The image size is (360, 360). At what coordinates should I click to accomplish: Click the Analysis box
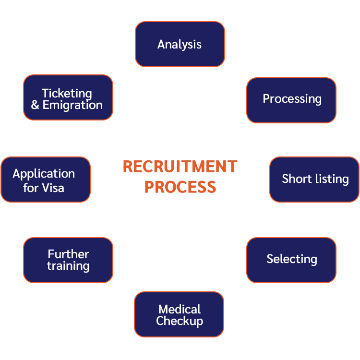tap(180, 44)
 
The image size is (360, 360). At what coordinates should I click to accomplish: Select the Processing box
tap(291, 100)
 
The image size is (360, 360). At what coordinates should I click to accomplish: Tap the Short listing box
tap(314, 179)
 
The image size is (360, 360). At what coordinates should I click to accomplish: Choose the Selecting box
tap(291, 260)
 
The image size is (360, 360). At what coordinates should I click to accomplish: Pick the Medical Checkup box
tap(179, 315)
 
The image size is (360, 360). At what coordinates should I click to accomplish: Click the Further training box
tap(68, 260)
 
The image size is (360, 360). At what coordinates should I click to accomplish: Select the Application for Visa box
tap(46, 180)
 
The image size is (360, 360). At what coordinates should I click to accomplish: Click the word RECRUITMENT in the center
tap(180, 167)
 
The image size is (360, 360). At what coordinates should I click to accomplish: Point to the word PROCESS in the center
tap(180, 187)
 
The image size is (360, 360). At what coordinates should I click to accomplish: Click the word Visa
tap(53, 187)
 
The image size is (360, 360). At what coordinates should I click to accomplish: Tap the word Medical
tap(180, 309)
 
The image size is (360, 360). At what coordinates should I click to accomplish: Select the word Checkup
tap(180, 321)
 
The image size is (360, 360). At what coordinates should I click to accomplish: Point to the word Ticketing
tap(67, 93)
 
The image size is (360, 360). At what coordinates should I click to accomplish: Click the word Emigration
tap(72, 105)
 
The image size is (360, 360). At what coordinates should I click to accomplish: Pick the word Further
tap(68, 254)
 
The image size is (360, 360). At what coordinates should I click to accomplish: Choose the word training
tap(68, 266)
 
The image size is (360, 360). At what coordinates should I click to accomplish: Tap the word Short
tap(294, 179)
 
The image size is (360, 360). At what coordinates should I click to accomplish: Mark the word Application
tap(44, 174)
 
